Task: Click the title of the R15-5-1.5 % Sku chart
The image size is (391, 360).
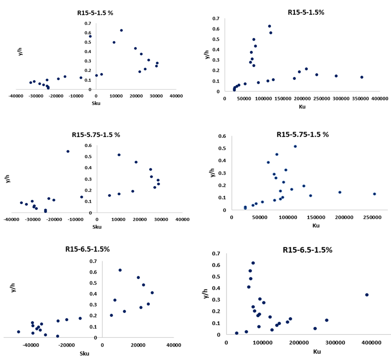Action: click(x=95, y=13)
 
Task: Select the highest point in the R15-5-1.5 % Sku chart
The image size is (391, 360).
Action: click(x=121, y=30)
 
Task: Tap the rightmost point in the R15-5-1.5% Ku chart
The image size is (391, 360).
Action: click(x=361, y=77)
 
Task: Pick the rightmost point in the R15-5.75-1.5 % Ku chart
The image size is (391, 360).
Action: click(x=375, y=194)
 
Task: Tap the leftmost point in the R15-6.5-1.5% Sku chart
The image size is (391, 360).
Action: click(x=18, y=332)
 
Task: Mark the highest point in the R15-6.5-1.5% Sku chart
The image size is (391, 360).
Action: click(x=120, y=270)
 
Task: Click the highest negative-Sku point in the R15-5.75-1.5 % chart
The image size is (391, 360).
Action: click(x=68, y=151)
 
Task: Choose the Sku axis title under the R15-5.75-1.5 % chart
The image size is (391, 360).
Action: click(x=97, y=227)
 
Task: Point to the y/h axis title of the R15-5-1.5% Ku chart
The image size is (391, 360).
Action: click(x=207, y=55)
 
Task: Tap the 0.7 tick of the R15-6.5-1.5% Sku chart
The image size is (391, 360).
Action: click(x=93, y=261)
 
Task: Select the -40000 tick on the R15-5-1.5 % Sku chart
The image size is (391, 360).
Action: click(x=16, y=96)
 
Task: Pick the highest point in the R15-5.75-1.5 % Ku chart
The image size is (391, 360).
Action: click(x=295, y=146)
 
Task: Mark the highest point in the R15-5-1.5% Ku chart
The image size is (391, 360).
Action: click(x=269, y=26)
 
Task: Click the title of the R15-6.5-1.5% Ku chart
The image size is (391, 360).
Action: click(x=307, y=250)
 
